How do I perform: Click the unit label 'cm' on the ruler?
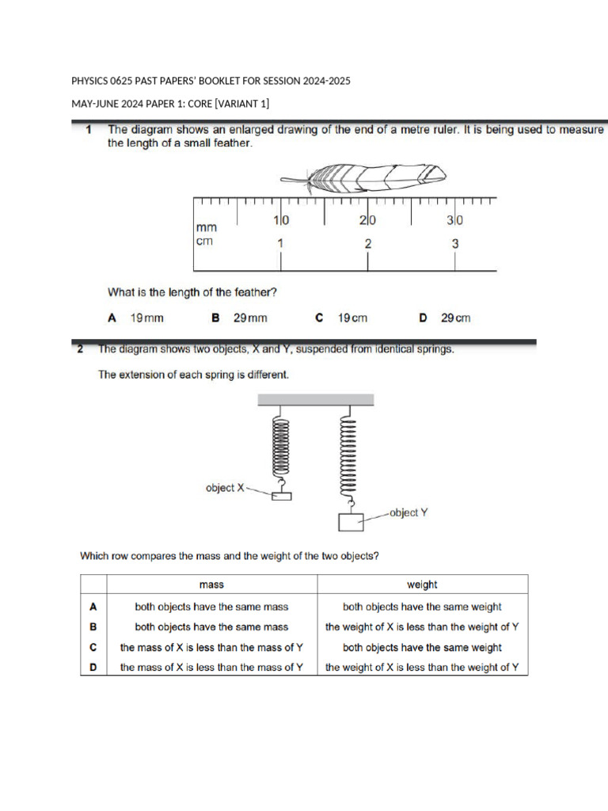[x=204, y=241]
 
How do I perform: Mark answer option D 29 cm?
[x=444, y=318]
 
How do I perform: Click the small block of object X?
[x=281, y=496]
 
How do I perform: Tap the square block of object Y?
[x=349, y=522]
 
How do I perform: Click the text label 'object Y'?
[x=409, y=512]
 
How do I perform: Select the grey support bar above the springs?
[x=315, y=400]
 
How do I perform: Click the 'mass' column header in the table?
[x=211, y=584]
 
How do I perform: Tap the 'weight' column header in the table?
[x=422, y=584]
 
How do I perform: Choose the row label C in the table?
[x=93, y=647]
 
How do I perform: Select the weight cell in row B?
[x=422, y=626]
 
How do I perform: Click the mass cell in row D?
[x=211, y=667]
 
